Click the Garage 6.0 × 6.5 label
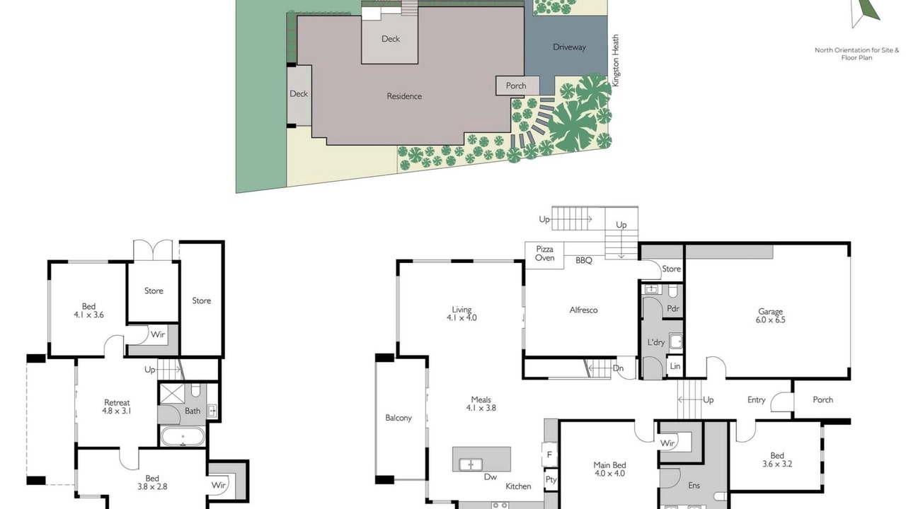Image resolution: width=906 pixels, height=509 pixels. (770, 315)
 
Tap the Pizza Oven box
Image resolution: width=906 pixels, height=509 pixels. (544, 255)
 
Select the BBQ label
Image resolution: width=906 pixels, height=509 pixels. (584, 261)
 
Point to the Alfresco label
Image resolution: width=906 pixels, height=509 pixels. (583, 310)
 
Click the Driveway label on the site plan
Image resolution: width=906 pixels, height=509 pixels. (569, 47)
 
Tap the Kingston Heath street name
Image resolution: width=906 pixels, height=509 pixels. (616, 60)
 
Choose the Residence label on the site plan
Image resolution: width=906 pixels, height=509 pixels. (404, 96)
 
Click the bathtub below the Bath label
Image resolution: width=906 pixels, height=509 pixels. (183, 436)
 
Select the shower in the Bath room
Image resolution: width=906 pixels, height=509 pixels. (172, 394)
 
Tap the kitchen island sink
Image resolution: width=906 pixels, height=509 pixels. (471, 464)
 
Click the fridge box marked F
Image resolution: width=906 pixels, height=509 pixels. (549, 455)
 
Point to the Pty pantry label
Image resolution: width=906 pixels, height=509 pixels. (551, 479)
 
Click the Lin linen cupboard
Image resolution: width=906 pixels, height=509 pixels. (675, 366)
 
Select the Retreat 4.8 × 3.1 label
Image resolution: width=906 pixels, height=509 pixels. (117, 406)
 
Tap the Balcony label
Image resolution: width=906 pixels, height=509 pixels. (398, 418)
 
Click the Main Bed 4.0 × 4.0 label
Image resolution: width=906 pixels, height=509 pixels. (609, 469)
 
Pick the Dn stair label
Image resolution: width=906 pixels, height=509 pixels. (618, 368)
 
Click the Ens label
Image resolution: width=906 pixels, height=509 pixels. (694, 486)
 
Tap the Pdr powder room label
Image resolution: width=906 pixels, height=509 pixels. (673, 309)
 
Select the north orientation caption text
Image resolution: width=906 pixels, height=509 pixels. (856, 54)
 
